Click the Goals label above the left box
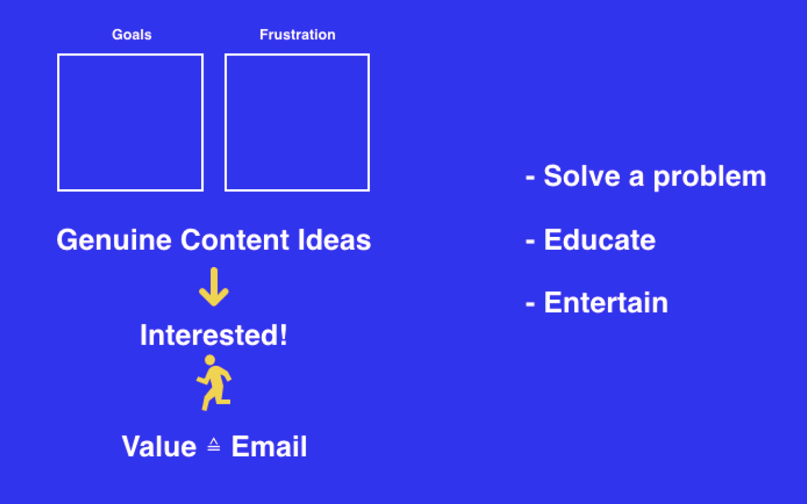[132, 35]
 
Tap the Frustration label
[298, 35]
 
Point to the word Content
[234, 240]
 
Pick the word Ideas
[335, 240]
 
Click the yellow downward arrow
[214, 287]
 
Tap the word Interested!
[214, 335]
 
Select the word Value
[159, 446]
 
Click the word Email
[269, 446]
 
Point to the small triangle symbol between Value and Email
[214, 444]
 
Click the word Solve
[582, 176]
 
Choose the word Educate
[600, 240]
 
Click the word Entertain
[606, 303]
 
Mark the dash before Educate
[530, 241]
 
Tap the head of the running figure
[210, 360]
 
